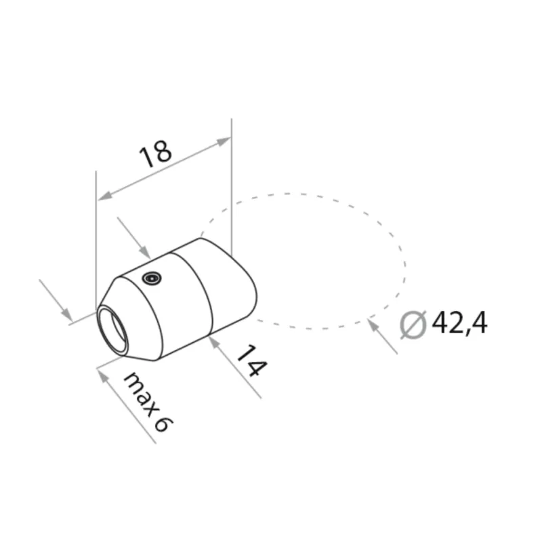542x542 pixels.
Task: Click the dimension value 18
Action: click(155, 154)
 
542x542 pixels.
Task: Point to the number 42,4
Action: click(459, 325)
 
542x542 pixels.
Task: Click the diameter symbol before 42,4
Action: click(413, 325)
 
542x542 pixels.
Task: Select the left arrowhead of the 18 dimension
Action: click(103, 197)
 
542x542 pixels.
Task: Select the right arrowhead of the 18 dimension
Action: click(224, 141)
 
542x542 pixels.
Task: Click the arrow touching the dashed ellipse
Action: click(372, 324)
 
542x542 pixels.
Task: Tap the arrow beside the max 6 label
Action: click(103, 375)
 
